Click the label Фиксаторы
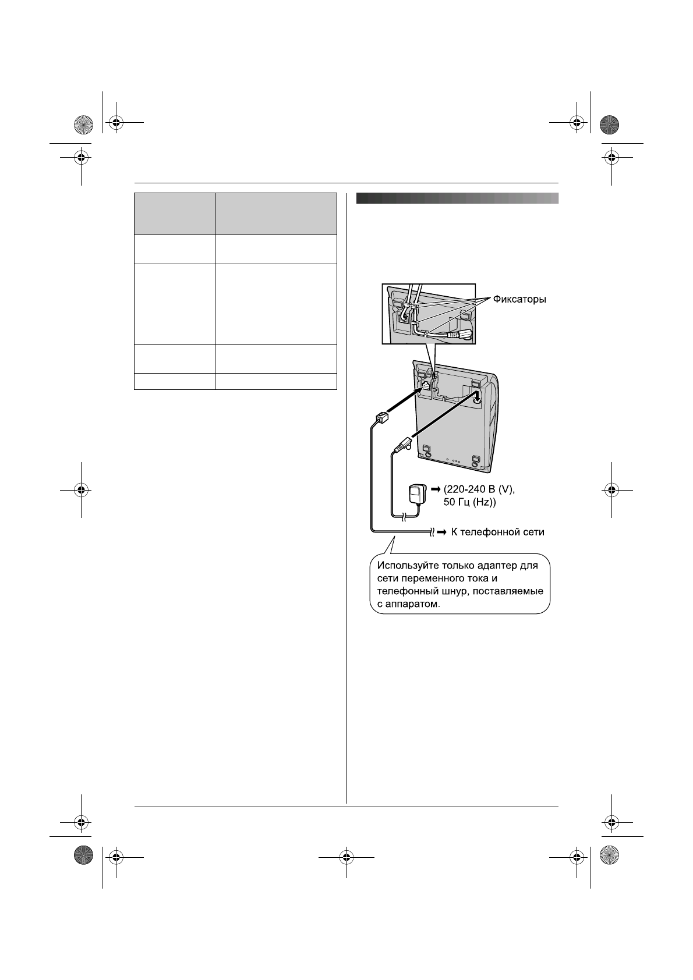click(x=519, y=300)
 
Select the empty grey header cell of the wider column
click(x=276, y=214)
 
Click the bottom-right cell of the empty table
click(x=276, y=381)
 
